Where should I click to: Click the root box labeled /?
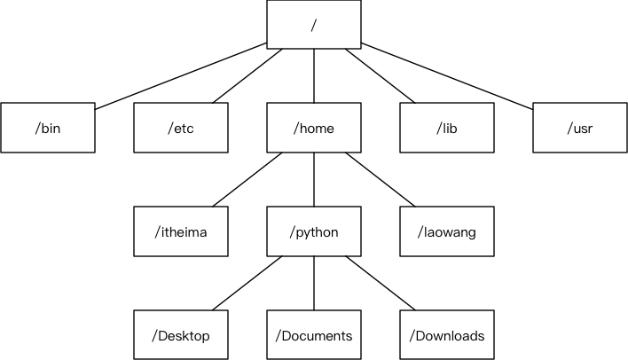tap(314, 25)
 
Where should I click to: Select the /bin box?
tap(48, 128)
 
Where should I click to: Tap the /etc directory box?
tap(181, 128)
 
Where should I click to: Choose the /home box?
tap(314, 128)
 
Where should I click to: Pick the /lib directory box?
tap(447, 128)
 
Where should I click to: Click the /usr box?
tap(580, 128)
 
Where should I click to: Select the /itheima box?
tap(181, 231)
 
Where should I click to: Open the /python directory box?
tap(314, 231)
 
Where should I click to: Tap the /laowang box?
tap(447, 231)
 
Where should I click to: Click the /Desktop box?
tap(181, 335)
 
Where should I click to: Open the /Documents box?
tap(314, 335)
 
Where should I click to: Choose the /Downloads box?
tap(447, 335)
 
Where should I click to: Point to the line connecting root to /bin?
tap(181, 75)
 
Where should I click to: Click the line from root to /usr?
tap(447, 75)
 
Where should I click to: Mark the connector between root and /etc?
tap(247, 76)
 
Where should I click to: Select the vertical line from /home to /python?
tap(314, 179)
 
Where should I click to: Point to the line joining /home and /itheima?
tap(247, 179)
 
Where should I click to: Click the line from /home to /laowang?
tap(381, 179)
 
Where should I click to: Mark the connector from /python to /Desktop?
tap(247, 283)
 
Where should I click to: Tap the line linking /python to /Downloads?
tap(381, 283)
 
